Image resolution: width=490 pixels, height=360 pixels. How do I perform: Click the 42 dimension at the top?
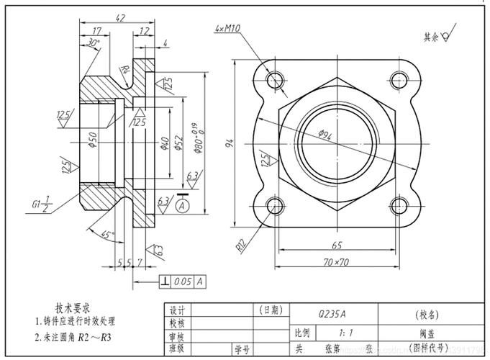pyautogui.click(x=120, y=17)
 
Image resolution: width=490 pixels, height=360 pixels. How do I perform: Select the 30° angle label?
pyautogui.click(x=92, y=43)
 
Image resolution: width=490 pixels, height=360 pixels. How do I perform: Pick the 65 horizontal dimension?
pyautogui.click(x=337, y=245)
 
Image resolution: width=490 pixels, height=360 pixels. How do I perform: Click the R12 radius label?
pyautogui.click(x=242, y=244)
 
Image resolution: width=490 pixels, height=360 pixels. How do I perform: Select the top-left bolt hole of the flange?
pyautogui.click(x=275, y=78)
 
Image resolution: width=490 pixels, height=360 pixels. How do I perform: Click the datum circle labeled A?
pyautogui.click(x=180, y=207)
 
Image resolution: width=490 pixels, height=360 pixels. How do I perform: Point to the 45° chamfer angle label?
pyautogui.click(x=108, y=235)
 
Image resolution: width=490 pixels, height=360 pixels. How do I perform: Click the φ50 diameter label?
pyautogui.click(x=92, y=137)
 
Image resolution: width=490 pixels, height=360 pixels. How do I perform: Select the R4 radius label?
pyautogui.click(x=124, y=70)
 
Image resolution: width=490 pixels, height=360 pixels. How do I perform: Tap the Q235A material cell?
pyautogui.click(x=332, y=314)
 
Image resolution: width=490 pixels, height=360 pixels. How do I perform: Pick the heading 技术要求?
pyautogui.click(x=76, y=306)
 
